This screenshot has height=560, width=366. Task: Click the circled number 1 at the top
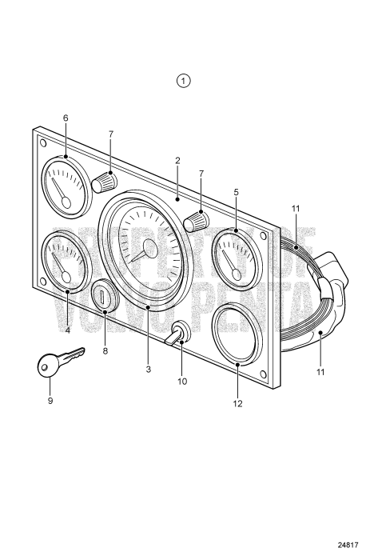tap(185, 81)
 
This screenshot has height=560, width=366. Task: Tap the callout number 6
tap(66, 118)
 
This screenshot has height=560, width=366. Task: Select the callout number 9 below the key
tap(50, 400)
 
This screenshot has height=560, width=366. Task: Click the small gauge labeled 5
tap(236, 257)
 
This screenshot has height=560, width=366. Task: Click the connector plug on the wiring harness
tap(332, 272)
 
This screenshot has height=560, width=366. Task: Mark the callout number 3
tap(148, 369)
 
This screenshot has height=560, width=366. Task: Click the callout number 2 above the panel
tap(177, 161)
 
